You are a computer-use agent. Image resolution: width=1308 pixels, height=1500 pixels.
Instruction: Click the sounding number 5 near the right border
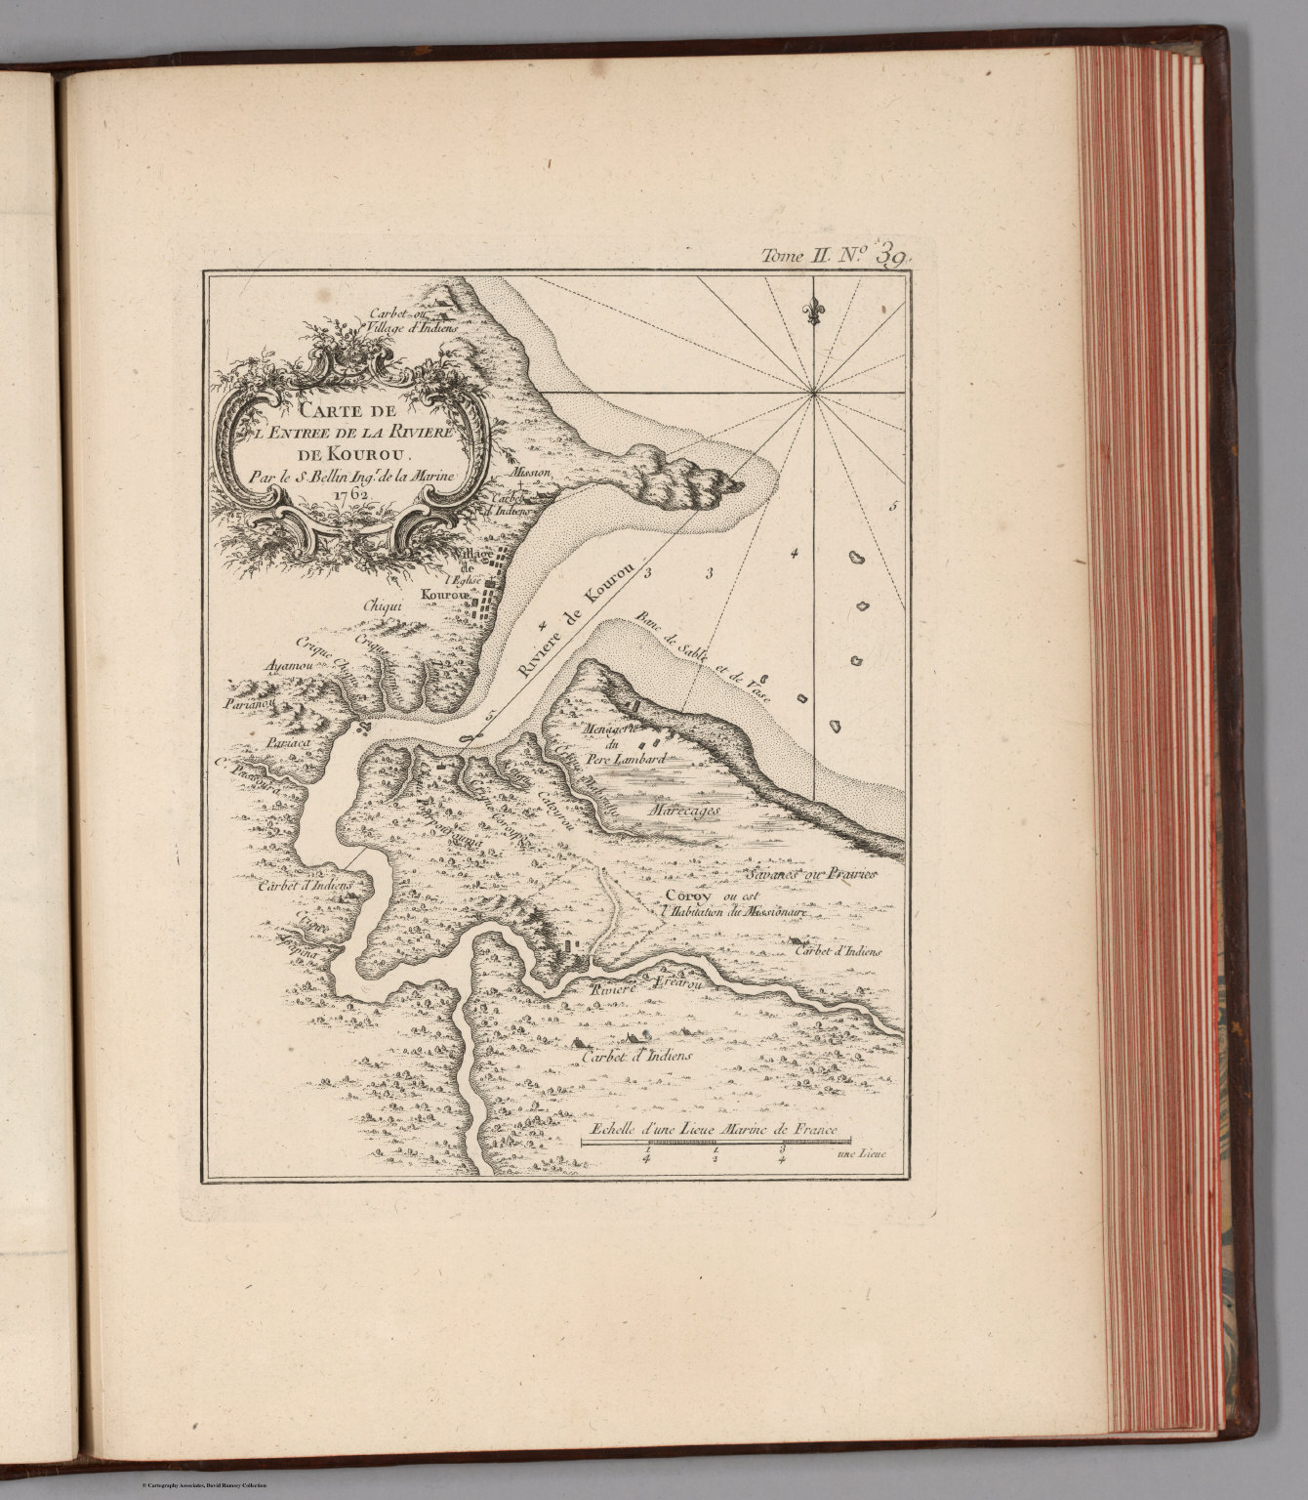click(x=892, y=508)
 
